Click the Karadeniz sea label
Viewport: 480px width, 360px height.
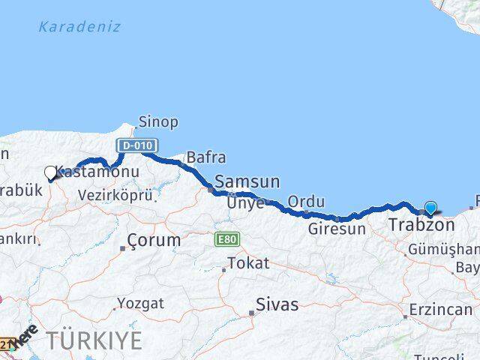pyautogui.click(x=79, y=27)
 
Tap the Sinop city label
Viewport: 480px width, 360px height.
pyautogui.click(x=158, y=121)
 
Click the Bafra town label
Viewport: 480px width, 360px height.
pyautogui.click(x=205, y=157)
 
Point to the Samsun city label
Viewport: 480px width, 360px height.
pyautogui.click(x=247, y=181)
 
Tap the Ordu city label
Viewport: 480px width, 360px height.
pyautogui.click(x=306, y=201)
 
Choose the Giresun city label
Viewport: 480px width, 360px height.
pyautogui.click(x=337, y=229)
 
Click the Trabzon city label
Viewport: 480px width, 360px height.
pyautogui.click(x=421, y=225)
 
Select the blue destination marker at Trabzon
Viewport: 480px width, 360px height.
pyautogui.click(x=431, y=208)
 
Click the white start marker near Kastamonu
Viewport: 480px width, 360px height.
pyautogui.click(x=51, y=173)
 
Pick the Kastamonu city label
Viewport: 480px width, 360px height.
pyautogui.click(x=97, y=172)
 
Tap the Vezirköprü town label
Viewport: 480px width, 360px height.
pyautogui.click(x=115, y=195)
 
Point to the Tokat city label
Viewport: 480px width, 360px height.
pyautogui.click(x=247, y=263)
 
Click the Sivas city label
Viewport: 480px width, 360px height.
pyautogui.click(x=277, y=304)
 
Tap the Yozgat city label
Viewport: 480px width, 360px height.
pyautogui.click(x=140, y=304)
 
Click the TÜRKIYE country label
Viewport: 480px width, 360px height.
pyautogui.click(x=94, y=340)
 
